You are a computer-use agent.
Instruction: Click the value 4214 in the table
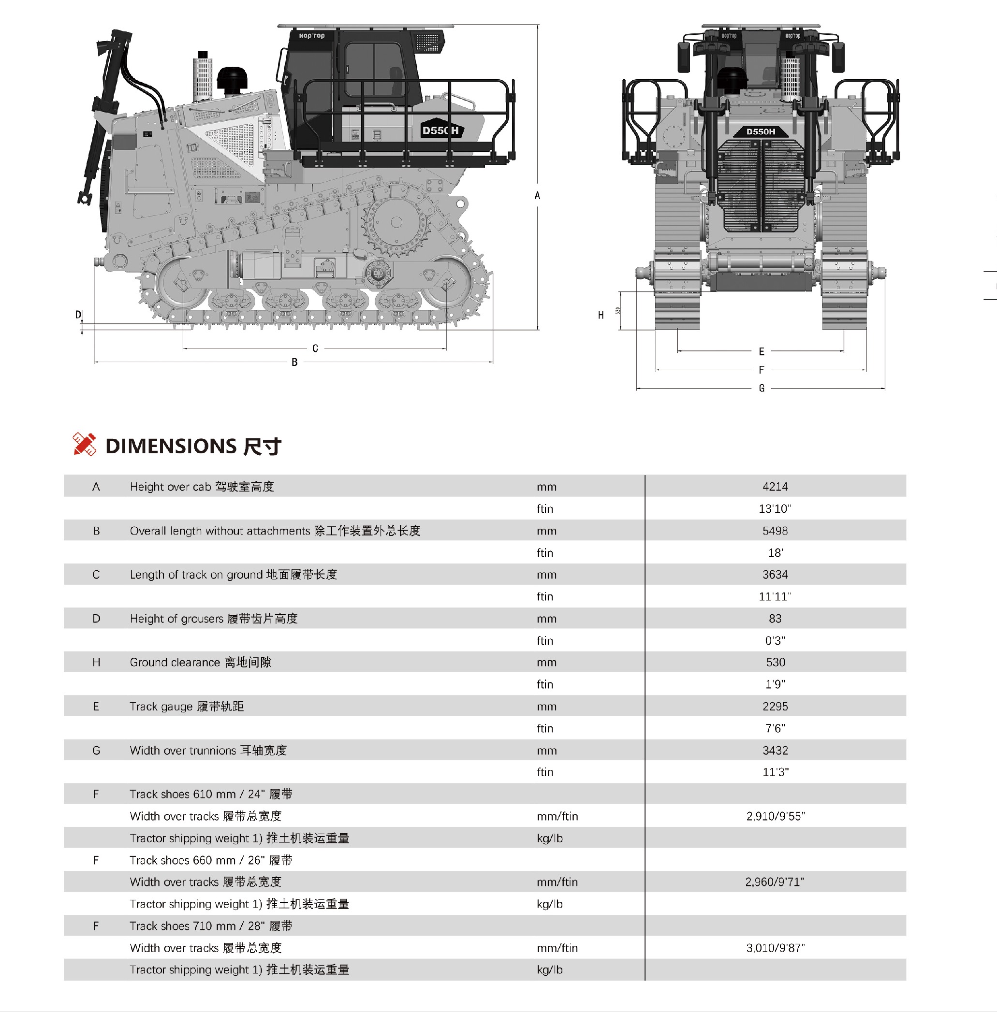pos(775,487)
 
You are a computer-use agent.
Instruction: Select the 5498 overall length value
pos(775,531)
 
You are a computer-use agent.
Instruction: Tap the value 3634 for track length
pos(775,575)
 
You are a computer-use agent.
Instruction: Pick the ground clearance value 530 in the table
pos(776,663)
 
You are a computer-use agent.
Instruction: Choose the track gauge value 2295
pos(775,707)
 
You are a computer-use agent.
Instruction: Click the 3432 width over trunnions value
pos(775,751)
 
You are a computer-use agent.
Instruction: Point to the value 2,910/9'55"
pos(776,816)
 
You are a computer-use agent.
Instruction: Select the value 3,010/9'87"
pos(776,948)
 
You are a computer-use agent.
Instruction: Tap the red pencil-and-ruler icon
pos(84,444)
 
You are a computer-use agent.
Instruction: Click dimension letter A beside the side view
pos(537,196)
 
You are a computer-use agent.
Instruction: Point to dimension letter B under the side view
pos(295,362)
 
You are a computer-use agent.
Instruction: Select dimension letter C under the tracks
pos(315,348)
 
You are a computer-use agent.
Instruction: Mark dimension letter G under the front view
pos(762,388)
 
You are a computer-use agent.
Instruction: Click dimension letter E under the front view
pos(762,352)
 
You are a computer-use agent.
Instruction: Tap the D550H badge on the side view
pos(440,130)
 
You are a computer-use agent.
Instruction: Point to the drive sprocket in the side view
pos(396,222)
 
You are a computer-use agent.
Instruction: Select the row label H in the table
pos(96,663)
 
